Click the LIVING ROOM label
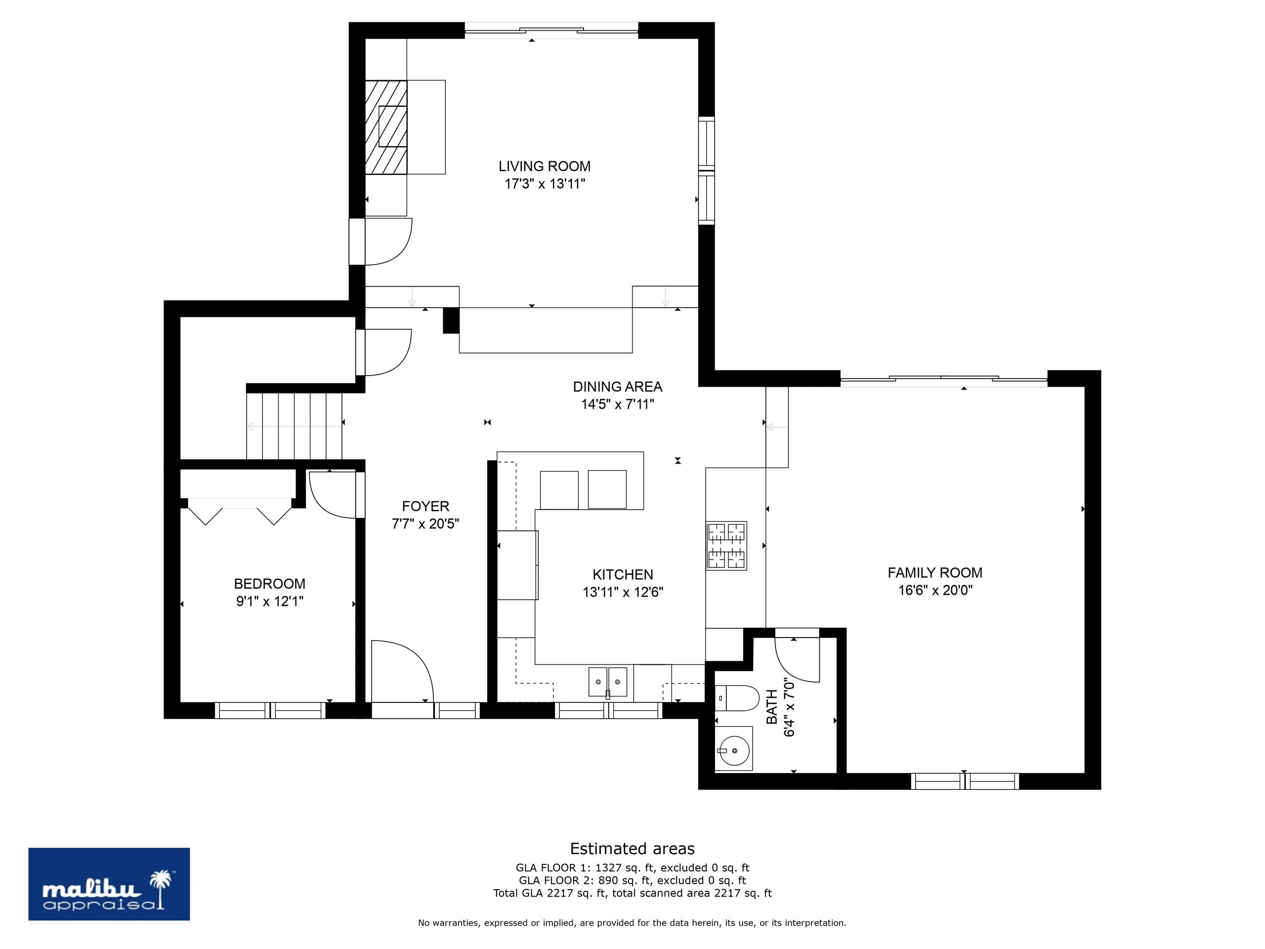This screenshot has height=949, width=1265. coord(545,167)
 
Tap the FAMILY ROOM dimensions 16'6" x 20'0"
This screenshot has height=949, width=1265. coord(935,590)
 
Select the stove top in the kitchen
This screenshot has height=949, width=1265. coord(726,546)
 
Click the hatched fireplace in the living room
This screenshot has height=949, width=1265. coord(386,127)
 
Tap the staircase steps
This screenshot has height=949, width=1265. coord(294,426)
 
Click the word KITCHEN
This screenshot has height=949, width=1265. coord(623,574)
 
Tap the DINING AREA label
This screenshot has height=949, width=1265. coord(618,387)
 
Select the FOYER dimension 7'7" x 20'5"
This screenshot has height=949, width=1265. coord(425,524)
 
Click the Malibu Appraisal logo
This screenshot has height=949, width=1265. coord(109,884)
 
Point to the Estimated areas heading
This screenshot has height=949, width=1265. coord(632,848)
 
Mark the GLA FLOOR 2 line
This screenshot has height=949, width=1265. coord(632,880)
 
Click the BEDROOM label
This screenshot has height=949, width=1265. coord(269,584)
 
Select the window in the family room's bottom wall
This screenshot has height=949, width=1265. coord(965,781)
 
